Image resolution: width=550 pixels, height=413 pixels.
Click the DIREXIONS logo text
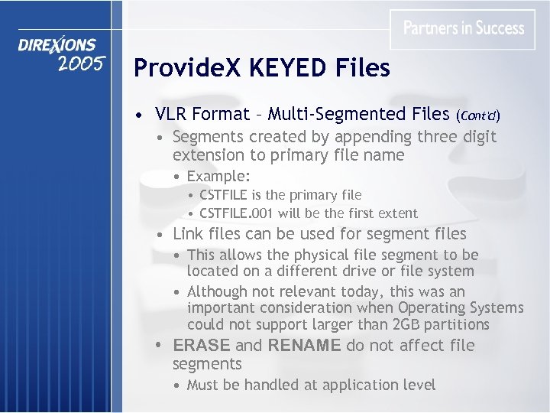57,46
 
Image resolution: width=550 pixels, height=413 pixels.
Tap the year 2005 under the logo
80,64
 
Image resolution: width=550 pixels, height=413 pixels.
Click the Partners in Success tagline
464,28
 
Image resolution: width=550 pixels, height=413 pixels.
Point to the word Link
188,234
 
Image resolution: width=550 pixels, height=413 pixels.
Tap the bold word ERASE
202,346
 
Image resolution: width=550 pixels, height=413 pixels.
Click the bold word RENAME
305,346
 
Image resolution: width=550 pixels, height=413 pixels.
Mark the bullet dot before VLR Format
136,116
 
